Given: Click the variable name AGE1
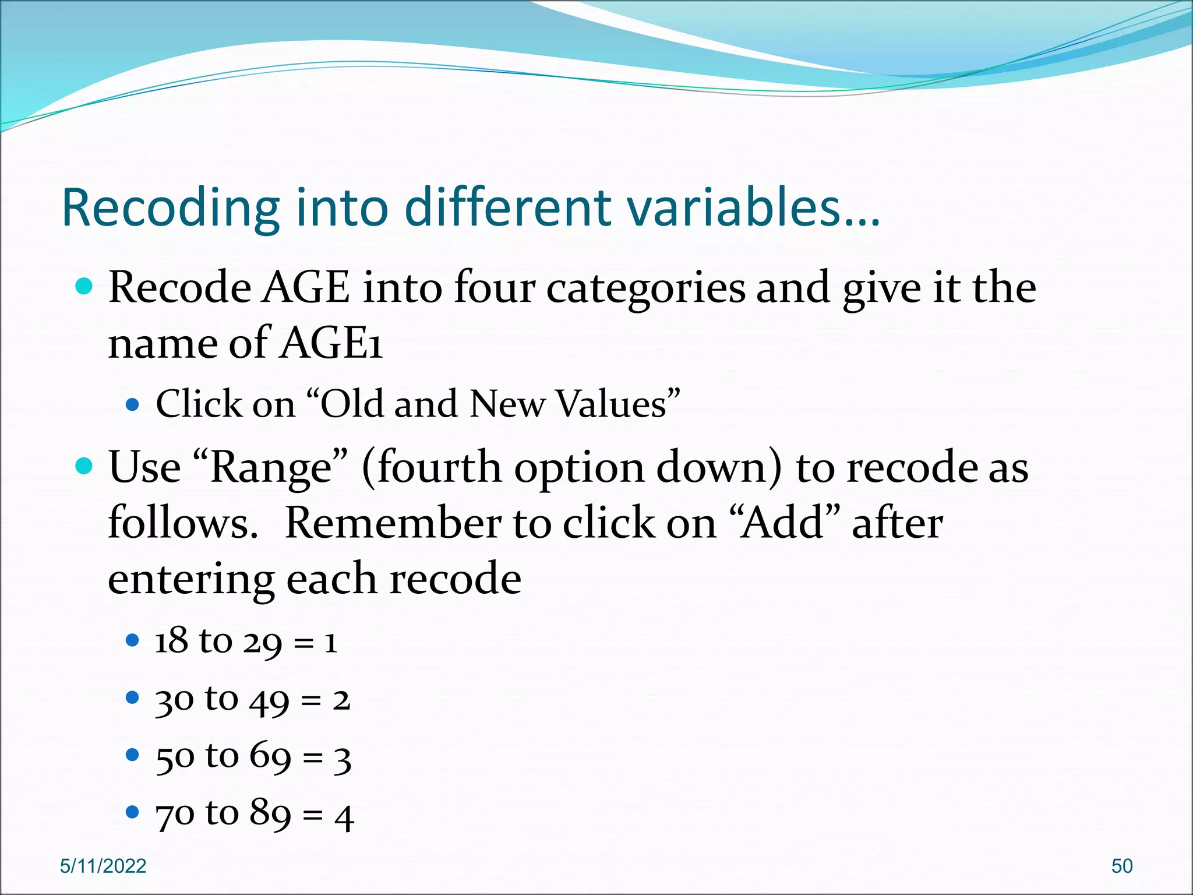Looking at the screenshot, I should [x=331, y=343].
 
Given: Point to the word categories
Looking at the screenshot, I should [x=645, y=288].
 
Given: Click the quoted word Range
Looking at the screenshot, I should [x=270, y=468].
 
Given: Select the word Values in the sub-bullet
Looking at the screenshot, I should [x=611, y=404].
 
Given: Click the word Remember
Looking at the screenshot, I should [x=393, y=523].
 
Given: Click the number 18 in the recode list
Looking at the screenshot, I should [x=172, y=641].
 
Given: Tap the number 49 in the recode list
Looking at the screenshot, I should [x=269, y=700].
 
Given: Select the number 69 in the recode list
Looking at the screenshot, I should [x=270, y=756].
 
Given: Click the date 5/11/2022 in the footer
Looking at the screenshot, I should [x=103, y=866].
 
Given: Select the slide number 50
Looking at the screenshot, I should [x=1121, y=866].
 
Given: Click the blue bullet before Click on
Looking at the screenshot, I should [x=133, y=404].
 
